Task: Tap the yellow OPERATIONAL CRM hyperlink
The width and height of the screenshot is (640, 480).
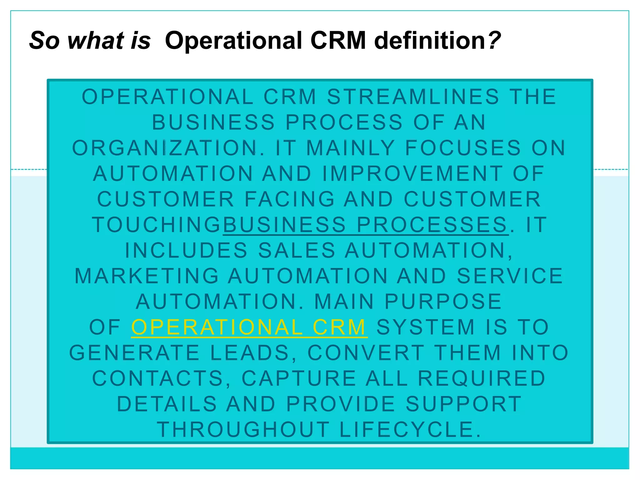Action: coord(249,327)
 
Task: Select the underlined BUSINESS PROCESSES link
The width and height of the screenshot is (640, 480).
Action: coord(365,225)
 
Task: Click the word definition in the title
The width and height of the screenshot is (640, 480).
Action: coord(431,41)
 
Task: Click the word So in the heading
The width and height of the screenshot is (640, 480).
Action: coord(44,41)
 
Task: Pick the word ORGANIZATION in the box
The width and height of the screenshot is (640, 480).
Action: coord(166,148)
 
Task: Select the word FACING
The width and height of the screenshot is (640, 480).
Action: coord(289,199)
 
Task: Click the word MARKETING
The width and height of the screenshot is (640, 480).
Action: coord(147,276)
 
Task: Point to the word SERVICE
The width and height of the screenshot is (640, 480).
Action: coord(510,276)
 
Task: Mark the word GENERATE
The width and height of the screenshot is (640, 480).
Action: coord(134,353)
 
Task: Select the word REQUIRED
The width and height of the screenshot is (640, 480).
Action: coord(482,378)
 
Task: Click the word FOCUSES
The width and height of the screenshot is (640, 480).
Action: coord(463,148)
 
